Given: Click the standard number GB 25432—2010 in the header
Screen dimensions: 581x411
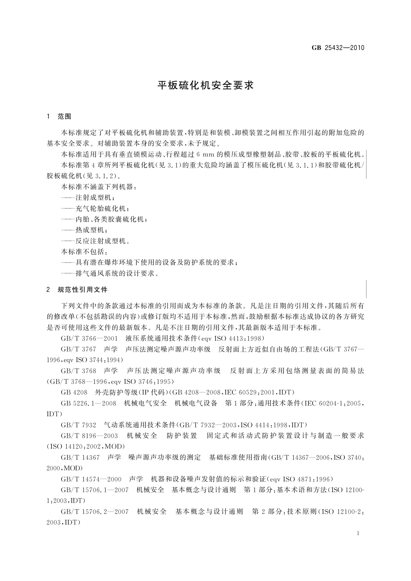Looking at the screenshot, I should point(338,48).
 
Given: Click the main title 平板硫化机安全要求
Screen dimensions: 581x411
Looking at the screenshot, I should point(206,86).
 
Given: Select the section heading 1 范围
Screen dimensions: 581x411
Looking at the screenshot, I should point(59,117).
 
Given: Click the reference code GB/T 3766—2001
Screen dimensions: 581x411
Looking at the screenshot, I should point(89,338).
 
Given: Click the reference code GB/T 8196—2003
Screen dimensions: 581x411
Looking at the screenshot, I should point(89,435).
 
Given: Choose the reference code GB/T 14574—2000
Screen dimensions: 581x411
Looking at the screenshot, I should point(91,479).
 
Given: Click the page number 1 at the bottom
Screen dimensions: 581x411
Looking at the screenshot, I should point(358,533).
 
